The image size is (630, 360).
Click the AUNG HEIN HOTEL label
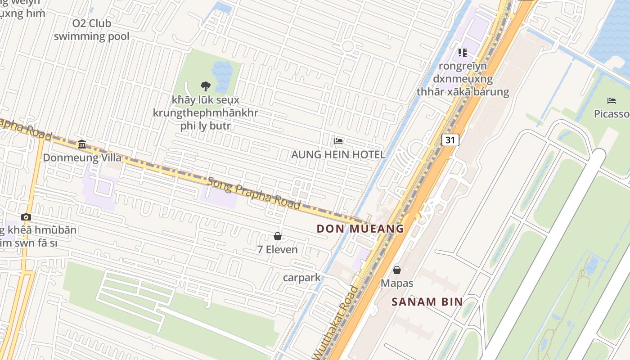click(338, 155)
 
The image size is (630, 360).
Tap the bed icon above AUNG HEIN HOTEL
click(338, 141)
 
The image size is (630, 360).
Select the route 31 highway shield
click(450, 140)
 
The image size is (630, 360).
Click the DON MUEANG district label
click(360, 229)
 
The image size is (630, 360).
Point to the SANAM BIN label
click(427, 301)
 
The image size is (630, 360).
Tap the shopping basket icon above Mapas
click(397, 270)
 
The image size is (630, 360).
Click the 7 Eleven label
click(278, 249)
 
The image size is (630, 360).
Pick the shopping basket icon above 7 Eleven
click(278, 236)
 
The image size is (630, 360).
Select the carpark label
click(302, 278)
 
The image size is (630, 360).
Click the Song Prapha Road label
click(254, 193)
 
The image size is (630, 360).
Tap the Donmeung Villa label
click(82, 157)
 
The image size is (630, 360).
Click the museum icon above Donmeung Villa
click(82, 144)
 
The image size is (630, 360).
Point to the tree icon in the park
click(206, 86)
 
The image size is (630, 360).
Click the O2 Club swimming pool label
click(92, 30)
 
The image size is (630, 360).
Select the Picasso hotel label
click(611, 114)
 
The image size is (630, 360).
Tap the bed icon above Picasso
click(611, 100)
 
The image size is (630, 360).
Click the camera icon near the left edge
click(26, 217)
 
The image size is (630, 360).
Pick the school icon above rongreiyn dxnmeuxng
click(463, 53)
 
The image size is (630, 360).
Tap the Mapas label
click(397, 283)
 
